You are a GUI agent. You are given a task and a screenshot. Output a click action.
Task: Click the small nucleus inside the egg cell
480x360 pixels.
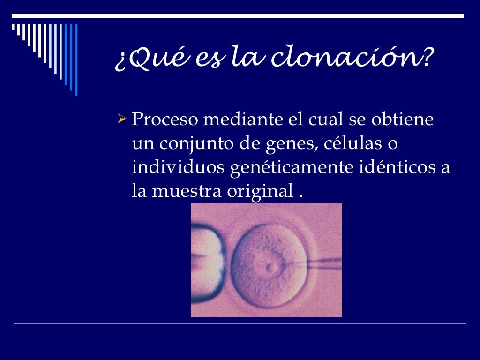coord(271,268)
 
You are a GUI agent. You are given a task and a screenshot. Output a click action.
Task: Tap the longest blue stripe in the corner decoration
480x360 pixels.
coord(76,60)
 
